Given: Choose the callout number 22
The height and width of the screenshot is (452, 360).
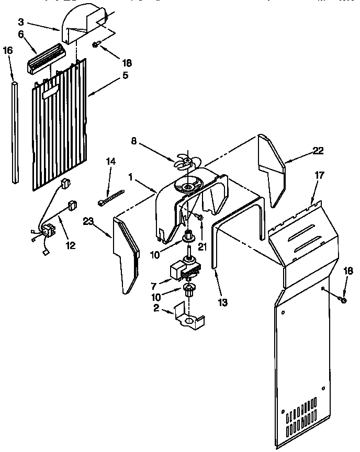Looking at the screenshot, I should point(318,151).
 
